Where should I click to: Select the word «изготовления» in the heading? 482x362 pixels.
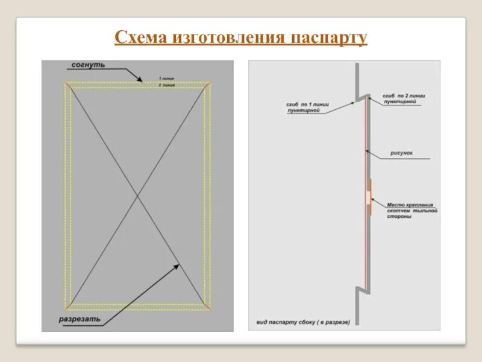[229, 39]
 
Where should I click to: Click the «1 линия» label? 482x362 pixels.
[166, 78]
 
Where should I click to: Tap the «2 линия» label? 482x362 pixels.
[166, 85]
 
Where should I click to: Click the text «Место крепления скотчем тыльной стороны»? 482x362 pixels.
[411, 210]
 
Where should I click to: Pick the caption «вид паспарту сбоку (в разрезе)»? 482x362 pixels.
[302, 322]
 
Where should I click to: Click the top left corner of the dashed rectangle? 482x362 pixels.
[65, 83]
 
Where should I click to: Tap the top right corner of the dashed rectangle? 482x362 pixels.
[211, 83]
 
